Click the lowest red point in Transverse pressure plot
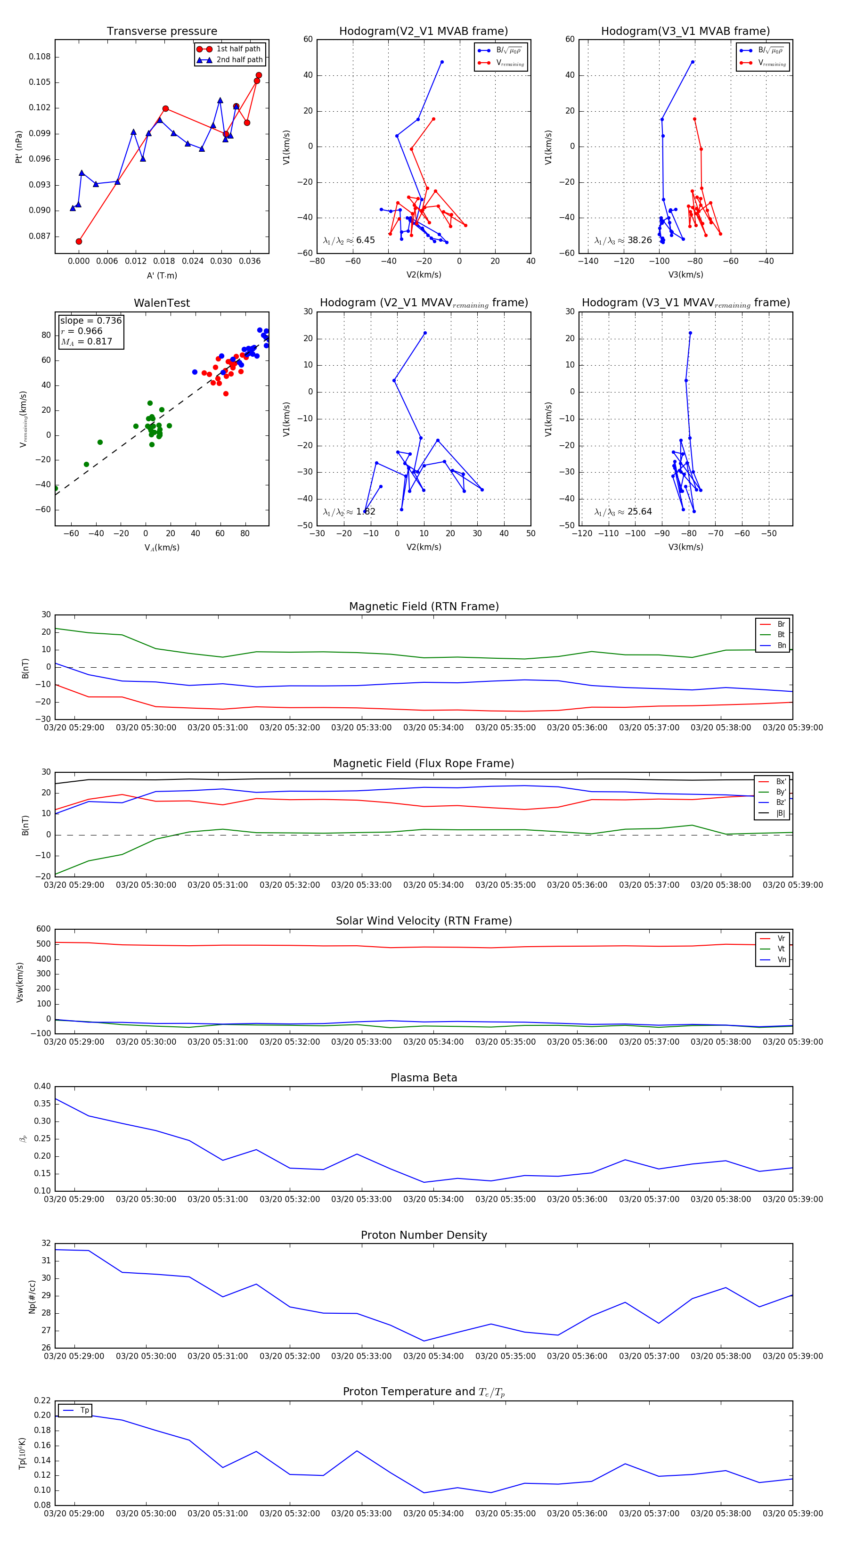pyautogui.click(x=79, y=241)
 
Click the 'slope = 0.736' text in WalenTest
pyautogui.click(x=90, y=320)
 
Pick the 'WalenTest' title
pyautogui.click(x=162, y=303)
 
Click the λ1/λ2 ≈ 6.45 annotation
pyautogui.click(x=349, y=240)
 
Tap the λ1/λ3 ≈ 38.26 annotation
pyautogui.click(x=623, y=240)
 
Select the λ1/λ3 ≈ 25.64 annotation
pyautogui.click(x=623, y=512)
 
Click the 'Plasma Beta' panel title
pyautogui.click(x=424, y=1078)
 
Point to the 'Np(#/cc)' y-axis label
pyautogui.click(x=32, y=1297)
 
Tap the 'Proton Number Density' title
pyautogui.click(x=424, y=1235)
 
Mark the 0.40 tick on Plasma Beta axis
pyautogui.click(x=43, y=1087)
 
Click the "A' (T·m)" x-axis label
pyautogui.click(x=162, y=276)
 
